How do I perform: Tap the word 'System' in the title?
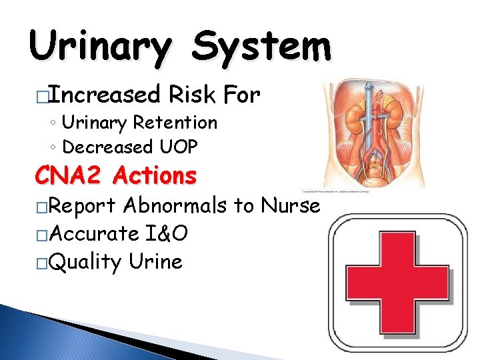click(262, 47)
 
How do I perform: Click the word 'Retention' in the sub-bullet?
click(175, 123)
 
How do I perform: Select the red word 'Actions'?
click(155, 176)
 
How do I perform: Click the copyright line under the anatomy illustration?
click(336, 191)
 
